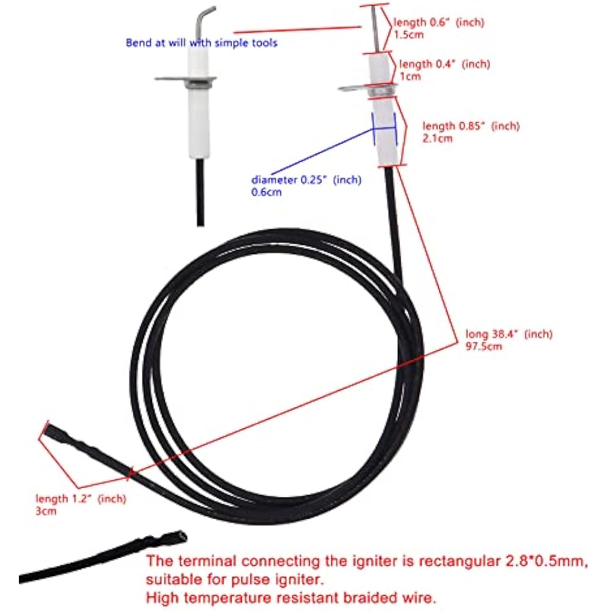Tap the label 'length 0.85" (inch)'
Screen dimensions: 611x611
coord(470,126)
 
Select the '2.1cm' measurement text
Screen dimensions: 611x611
coord(437,138)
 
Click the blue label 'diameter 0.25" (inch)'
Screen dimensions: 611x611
coord(306,180)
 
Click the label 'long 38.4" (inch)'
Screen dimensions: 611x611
coord(508,334)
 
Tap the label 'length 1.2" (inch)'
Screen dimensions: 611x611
coord(80,499)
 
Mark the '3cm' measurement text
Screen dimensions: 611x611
coord(46,511)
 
